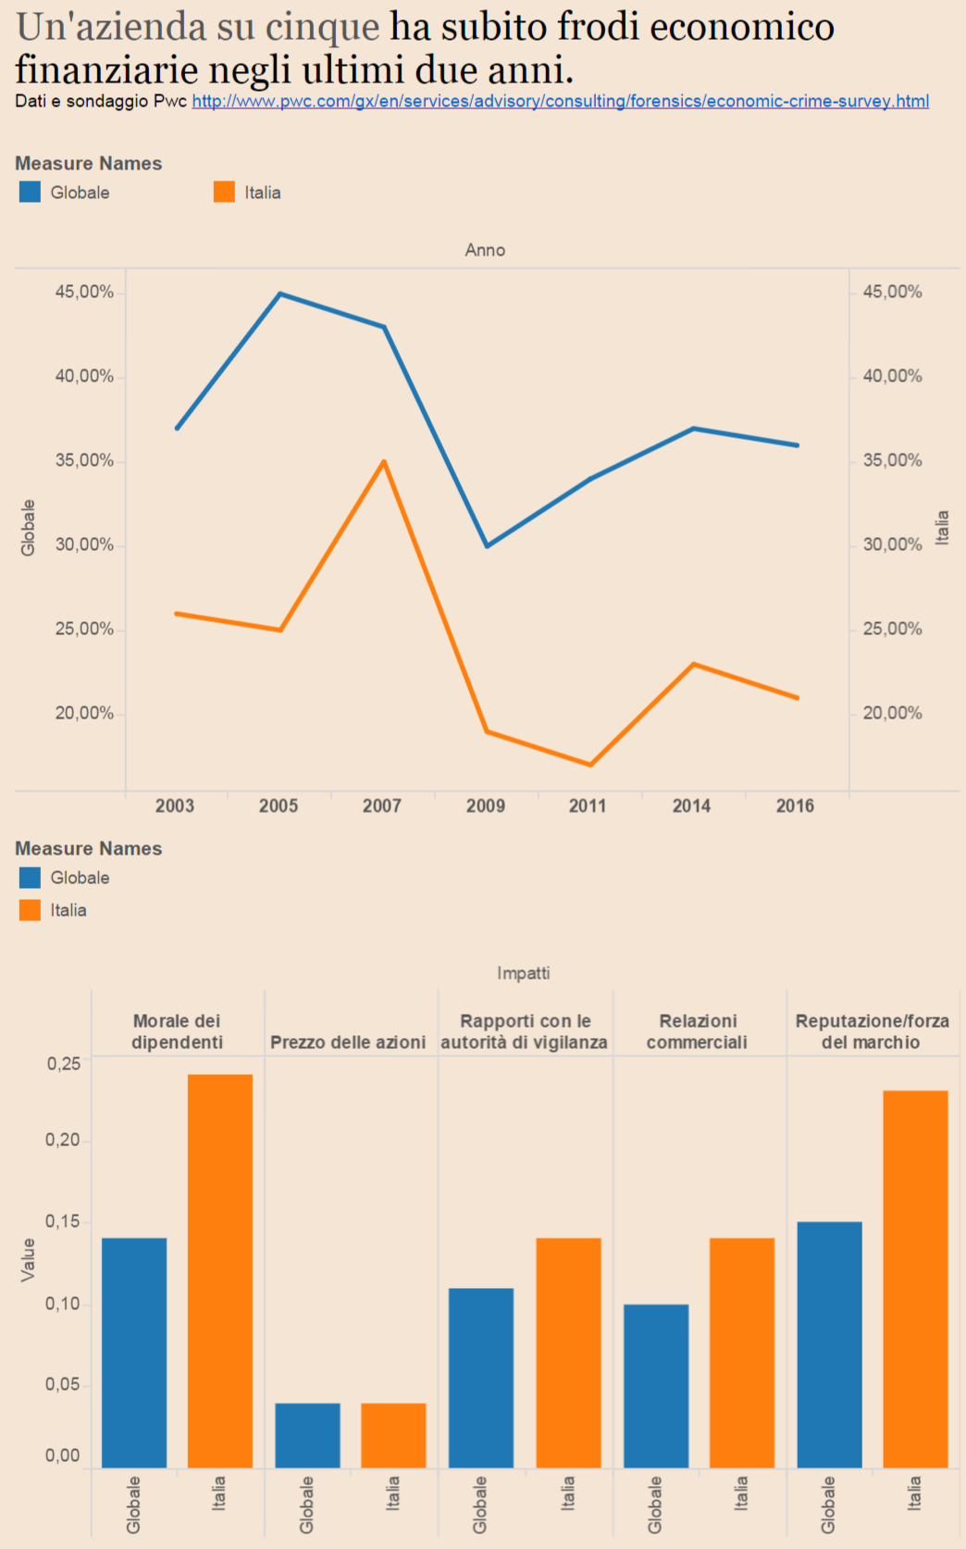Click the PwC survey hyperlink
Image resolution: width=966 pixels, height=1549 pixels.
[560, 101]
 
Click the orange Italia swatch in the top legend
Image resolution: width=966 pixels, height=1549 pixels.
[224, 192]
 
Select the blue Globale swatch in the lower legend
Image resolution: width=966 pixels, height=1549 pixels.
[30, 877]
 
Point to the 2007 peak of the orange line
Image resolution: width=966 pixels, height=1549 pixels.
[384, 461]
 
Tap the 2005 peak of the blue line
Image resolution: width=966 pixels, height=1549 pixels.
[280, 294]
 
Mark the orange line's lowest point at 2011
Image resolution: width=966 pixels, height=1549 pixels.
[590, 765]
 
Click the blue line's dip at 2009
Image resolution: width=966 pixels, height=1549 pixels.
[488, 545]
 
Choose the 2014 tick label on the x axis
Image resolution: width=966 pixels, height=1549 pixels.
[691, 806]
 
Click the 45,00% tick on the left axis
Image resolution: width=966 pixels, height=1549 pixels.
[84, 292]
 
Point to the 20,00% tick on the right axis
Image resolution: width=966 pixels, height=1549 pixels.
[892, 713]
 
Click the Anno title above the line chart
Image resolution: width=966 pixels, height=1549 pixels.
[485, 250]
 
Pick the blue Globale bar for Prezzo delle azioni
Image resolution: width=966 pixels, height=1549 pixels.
[308, 1435]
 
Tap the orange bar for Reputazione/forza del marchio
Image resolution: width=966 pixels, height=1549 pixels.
[915, 1279]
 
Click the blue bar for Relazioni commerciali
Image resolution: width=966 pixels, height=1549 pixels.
[656, 1385]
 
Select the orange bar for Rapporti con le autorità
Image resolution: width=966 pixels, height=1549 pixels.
[568, 1352]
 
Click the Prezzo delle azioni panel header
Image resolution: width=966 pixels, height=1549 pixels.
[348, 1043]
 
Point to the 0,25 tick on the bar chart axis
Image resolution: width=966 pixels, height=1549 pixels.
[64, 1064]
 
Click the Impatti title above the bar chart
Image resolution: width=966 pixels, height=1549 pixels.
[524, 973]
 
